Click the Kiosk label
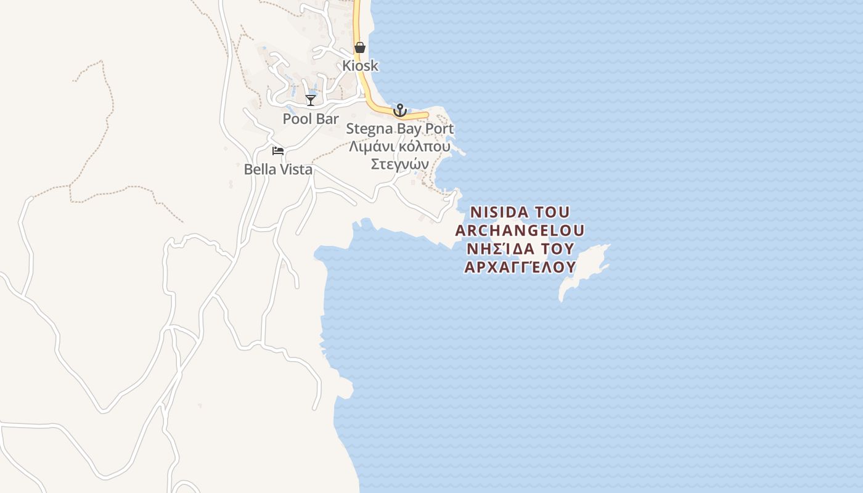click(x=361, y=65)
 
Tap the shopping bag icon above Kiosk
click(x=360, y=47)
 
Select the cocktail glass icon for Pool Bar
click(x=311, y=100)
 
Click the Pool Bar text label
click(x=311, y=118)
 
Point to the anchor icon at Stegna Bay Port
click(x=400, y=110)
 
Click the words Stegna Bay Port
click(x=399, y=129)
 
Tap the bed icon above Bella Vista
click(x=278, y=151)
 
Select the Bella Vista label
click(x=278, y=169)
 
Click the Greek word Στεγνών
click(x=399, y=164)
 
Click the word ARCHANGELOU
click(x=520, y=230)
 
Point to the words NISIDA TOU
click(x=520, y=212)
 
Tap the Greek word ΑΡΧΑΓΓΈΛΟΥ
click(x=520, y=267)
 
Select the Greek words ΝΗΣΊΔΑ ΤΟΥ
click(x=520, y=249)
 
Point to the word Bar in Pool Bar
click(x=327, y=118)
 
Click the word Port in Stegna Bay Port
click(x=440, y=129)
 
